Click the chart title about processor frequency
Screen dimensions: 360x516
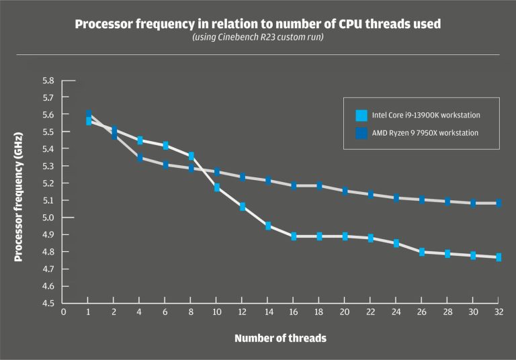(x=258, y=24)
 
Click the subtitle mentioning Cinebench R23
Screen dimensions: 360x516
(x=258, y=38)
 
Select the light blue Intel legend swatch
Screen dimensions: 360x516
(x=361, y=115)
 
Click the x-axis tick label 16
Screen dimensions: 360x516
(x=294, y=312)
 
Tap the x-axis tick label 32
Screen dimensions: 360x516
(x=498, y=312)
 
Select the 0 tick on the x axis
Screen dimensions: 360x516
(x=64, y=312)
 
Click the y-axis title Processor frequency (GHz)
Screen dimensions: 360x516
(x=19, y=191)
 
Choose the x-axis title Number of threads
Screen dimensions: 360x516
(x=280, y=339)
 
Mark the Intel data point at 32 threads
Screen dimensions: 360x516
(x=499, y=257)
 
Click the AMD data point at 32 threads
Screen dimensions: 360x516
(x=499, y=202)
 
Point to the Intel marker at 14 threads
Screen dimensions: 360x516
(x=268, y=226)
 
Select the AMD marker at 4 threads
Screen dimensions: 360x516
(x=140, y=158)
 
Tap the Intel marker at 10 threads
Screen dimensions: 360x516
(x=217, y=187)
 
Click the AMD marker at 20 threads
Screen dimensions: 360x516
(x=345, y=191)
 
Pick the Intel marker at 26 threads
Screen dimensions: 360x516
(x=422, y=252)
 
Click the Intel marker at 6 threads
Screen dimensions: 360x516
(x=165, y=146)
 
